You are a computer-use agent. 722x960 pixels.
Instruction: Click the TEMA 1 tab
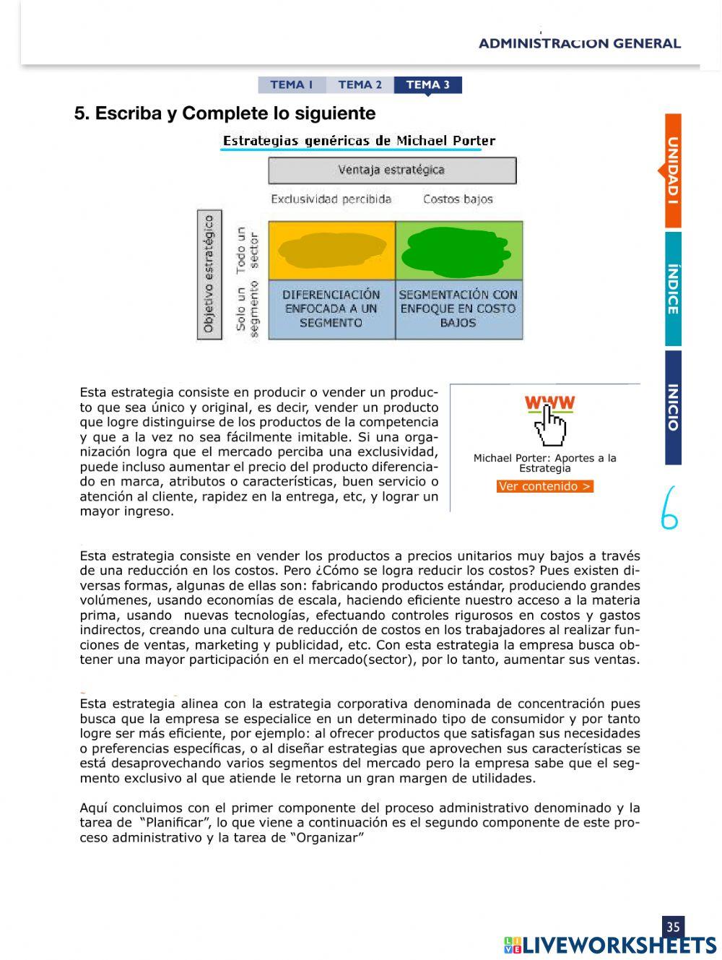coord(292,85)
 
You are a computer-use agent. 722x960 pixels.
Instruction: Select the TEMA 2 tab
coord(360,85)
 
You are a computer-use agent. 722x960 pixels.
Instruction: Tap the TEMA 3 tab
coord(427,85)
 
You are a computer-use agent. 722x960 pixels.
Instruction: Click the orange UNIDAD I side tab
coord(673,170)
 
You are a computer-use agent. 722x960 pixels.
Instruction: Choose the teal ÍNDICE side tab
coord(673,289)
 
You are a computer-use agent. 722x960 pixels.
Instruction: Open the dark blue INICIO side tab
coord(673,407)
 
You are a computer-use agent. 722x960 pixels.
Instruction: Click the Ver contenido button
coord(545,486)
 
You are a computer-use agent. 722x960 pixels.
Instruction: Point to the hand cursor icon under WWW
coord(549,427)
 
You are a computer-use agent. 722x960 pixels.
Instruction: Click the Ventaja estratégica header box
coord(392,170)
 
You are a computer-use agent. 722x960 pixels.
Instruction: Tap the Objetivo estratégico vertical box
coord(209,274)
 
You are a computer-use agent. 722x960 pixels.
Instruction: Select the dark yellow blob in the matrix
coord(332,250)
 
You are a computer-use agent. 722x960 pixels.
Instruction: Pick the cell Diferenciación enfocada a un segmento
coord(331,309)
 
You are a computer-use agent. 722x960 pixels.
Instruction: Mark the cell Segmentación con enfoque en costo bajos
coord(458,309)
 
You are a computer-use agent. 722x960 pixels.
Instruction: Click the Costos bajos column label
coord(458,199)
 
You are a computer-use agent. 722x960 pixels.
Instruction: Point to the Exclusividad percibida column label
coord(331,199)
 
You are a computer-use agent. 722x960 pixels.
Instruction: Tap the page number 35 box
coord(673,927)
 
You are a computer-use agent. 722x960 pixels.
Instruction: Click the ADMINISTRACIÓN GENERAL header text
coord(579,43)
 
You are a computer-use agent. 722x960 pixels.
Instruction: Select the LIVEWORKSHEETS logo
coord(610,945)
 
